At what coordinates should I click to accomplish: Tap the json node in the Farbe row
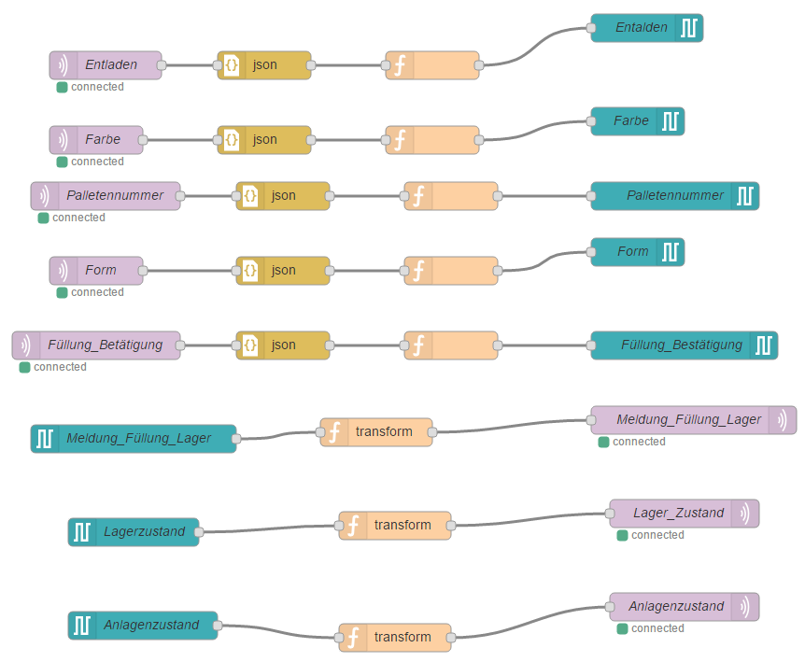[264, 140]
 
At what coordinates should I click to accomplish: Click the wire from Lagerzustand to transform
[271, 529]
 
